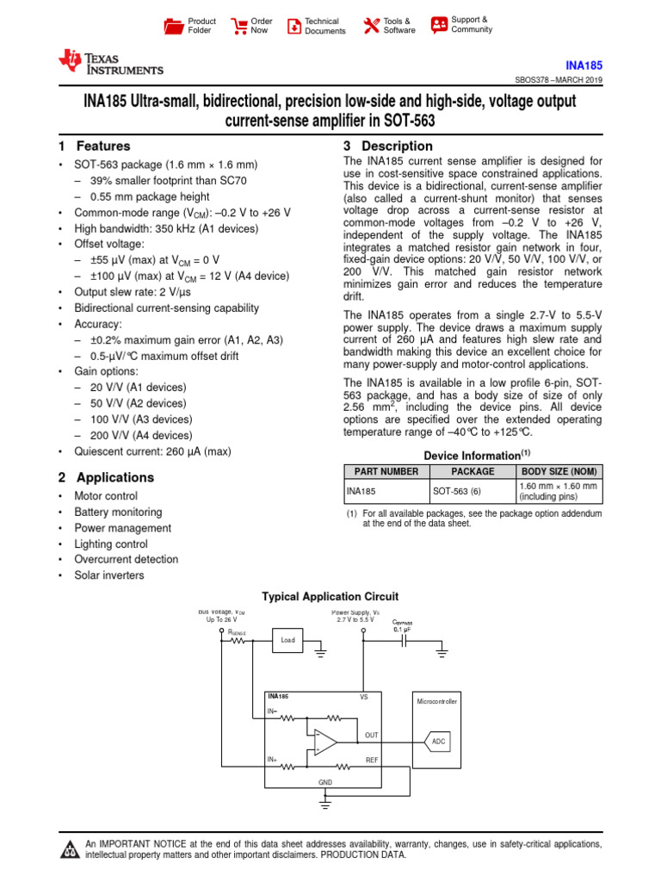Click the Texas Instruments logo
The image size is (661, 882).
(x=109, y=63)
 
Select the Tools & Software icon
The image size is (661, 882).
(x=371, y=26)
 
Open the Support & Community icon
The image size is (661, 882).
(x=439, y=25)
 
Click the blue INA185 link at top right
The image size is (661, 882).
(x=584, y=65)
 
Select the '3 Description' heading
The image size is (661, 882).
(x=388, y=146)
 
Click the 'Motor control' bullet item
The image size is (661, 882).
(x=106, y=496)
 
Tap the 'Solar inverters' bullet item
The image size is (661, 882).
(x=109, y=575)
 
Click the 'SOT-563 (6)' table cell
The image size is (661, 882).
(x=456, y=492)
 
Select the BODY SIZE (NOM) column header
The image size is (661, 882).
(x=558, y=471)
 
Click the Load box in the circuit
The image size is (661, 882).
(x=287, y=640)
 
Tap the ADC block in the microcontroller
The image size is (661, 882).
(x=438, y=741)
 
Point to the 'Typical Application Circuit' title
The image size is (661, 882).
(x=330, y=596)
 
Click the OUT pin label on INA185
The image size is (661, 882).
(x=371, y=735)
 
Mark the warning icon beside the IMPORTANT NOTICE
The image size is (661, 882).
(x=69, y=849)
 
